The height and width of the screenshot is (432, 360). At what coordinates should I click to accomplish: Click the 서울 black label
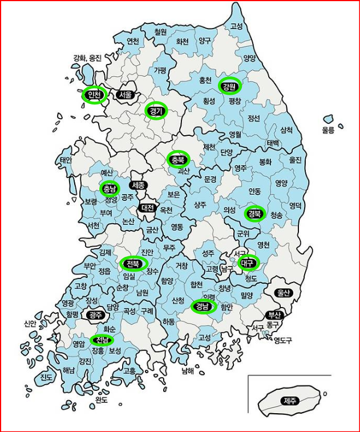[125, 95]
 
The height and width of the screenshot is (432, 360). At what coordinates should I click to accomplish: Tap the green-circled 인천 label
[93, 95]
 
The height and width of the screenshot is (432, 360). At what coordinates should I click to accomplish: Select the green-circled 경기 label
[156, 111]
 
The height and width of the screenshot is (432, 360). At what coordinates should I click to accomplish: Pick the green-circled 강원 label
[230, 87]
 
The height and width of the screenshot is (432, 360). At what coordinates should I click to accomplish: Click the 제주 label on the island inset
[290, 401]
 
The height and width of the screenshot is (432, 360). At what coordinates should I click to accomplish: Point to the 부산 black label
[276, 315]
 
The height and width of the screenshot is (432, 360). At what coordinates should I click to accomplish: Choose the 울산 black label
[284, 293]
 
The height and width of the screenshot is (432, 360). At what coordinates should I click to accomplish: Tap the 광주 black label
[94, 314]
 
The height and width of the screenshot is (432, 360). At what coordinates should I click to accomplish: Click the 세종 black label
[138, 185]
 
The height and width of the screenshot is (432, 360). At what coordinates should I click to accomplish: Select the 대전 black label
[147, 208]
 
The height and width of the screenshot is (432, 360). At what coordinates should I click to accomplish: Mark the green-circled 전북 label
[134, 264]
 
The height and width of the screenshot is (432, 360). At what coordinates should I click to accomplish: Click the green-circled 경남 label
[203, 307]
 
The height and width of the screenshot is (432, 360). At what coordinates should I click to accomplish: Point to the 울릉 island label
[327, 131]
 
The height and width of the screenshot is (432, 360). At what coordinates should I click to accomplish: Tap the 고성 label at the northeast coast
[236, 26]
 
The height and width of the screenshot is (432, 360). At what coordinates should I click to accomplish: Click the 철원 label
[160, 32]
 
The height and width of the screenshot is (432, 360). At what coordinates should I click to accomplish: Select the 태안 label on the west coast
[66, 160]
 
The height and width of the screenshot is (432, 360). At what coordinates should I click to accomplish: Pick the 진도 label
[46, 378]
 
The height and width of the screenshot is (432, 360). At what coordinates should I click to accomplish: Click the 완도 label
[102, 400]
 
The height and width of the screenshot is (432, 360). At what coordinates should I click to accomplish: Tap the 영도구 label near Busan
[282, 341]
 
